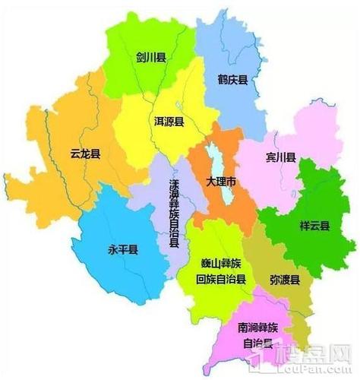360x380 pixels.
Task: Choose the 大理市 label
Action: click(222, 182)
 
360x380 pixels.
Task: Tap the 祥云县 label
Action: click(314, 226)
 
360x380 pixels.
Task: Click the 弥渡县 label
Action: click(285, 280)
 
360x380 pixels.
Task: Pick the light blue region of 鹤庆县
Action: click(228, 46)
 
